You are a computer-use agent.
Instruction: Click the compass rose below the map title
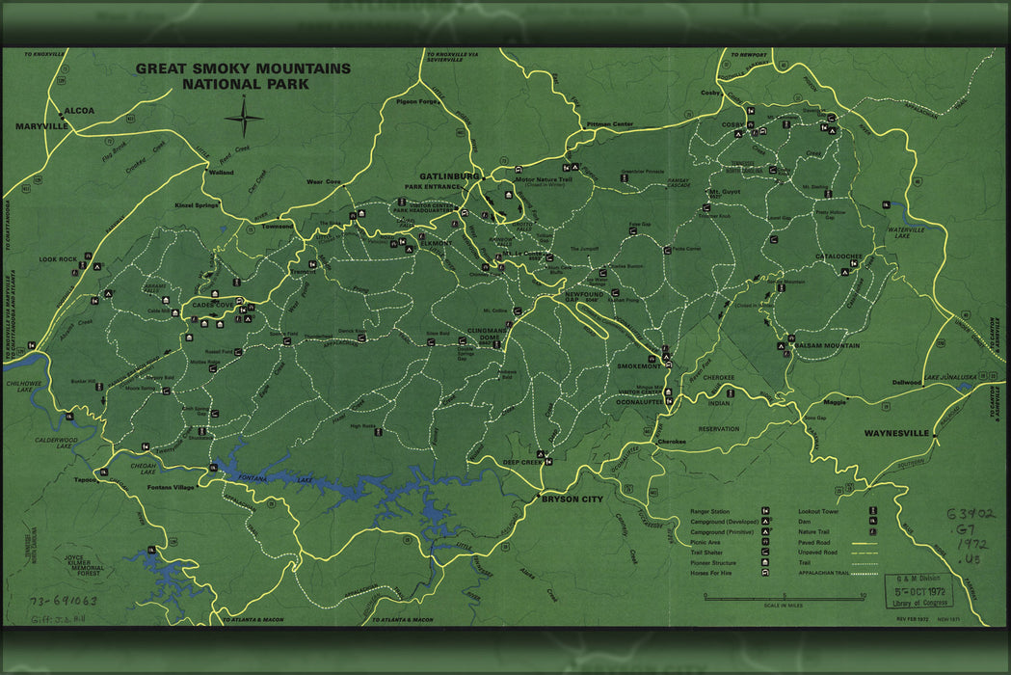244,120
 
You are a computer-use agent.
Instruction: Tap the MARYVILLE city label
41,126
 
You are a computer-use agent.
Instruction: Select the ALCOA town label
79,111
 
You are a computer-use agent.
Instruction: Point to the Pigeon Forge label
416,100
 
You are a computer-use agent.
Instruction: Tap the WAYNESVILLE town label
896,433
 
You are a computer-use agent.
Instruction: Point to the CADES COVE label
215,306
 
